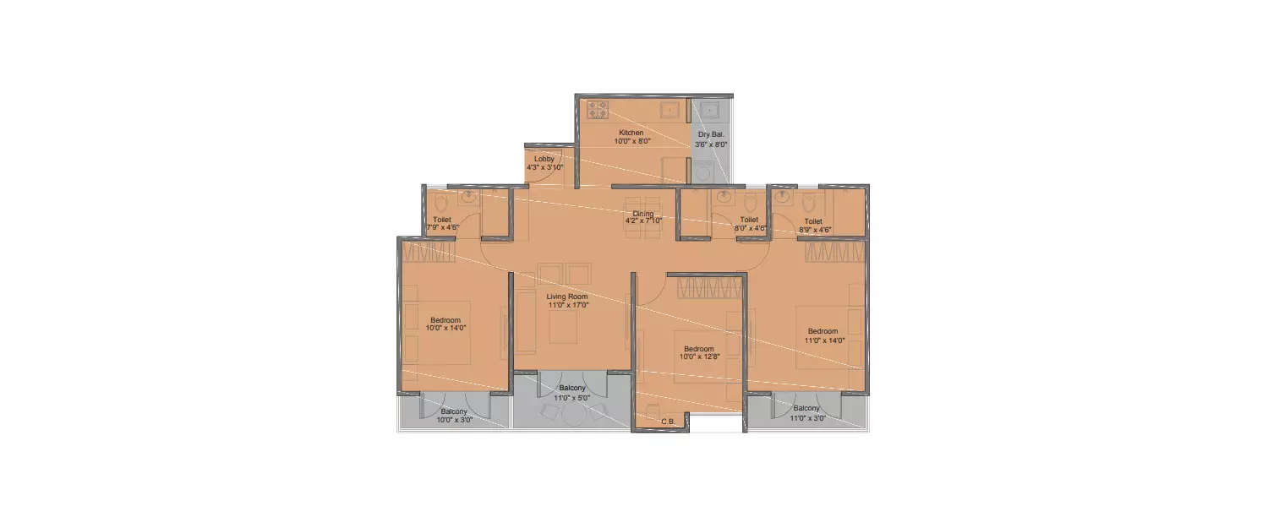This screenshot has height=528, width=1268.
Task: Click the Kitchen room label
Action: coord(631,133)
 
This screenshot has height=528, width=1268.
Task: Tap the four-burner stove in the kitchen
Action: coord(598,110)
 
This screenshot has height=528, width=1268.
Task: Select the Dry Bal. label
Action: coord(710,134)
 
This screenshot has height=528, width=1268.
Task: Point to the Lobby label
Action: coord(544,159)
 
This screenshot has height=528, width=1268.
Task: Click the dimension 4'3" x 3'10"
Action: coord(544,167)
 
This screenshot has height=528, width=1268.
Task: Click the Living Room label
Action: coord(566,297)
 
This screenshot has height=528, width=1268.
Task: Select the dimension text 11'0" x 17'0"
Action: coord(567,305)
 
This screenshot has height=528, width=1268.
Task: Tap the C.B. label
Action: coord(667,421)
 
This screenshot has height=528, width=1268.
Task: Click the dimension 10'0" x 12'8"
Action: coord(698,357)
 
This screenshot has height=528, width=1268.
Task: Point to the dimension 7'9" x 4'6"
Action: coord(442,227)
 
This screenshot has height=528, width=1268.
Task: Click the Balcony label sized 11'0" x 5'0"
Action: coord(572,388)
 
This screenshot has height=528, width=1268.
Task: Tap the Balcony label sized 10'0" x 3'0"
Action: coord(454,411)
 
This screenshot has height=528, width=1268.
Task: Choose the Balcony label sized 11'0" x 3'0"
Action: coord(806,409)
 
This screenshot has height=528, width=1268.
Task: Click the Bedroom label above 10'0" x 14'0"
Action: coord(445,319)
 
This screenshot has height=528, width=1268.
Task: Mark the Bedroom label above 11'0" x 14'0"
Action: coord(822,330)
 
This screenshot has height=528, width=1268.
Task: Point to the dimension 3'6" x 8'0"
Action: coord(710,144)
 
